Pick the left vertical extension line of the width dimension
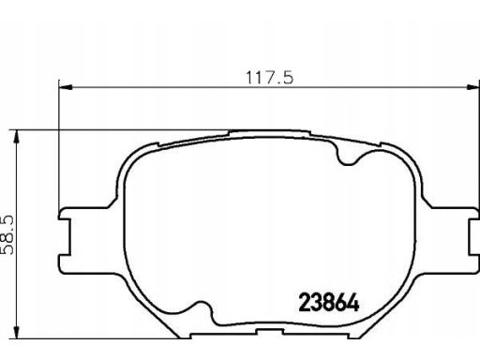pyautogui.click(x=59, y=150)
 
